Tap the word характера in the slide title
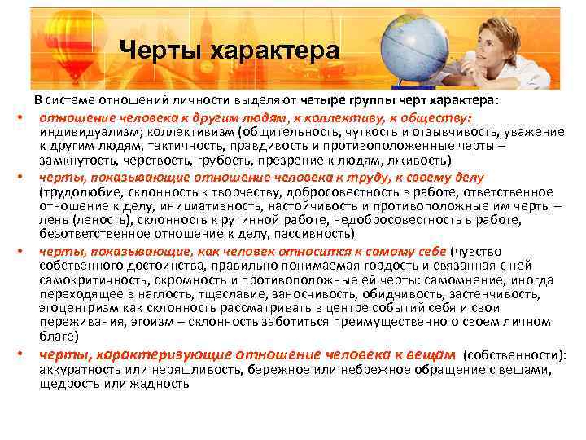click(273, 51)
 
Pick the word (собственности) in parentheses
click(514, 356)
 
